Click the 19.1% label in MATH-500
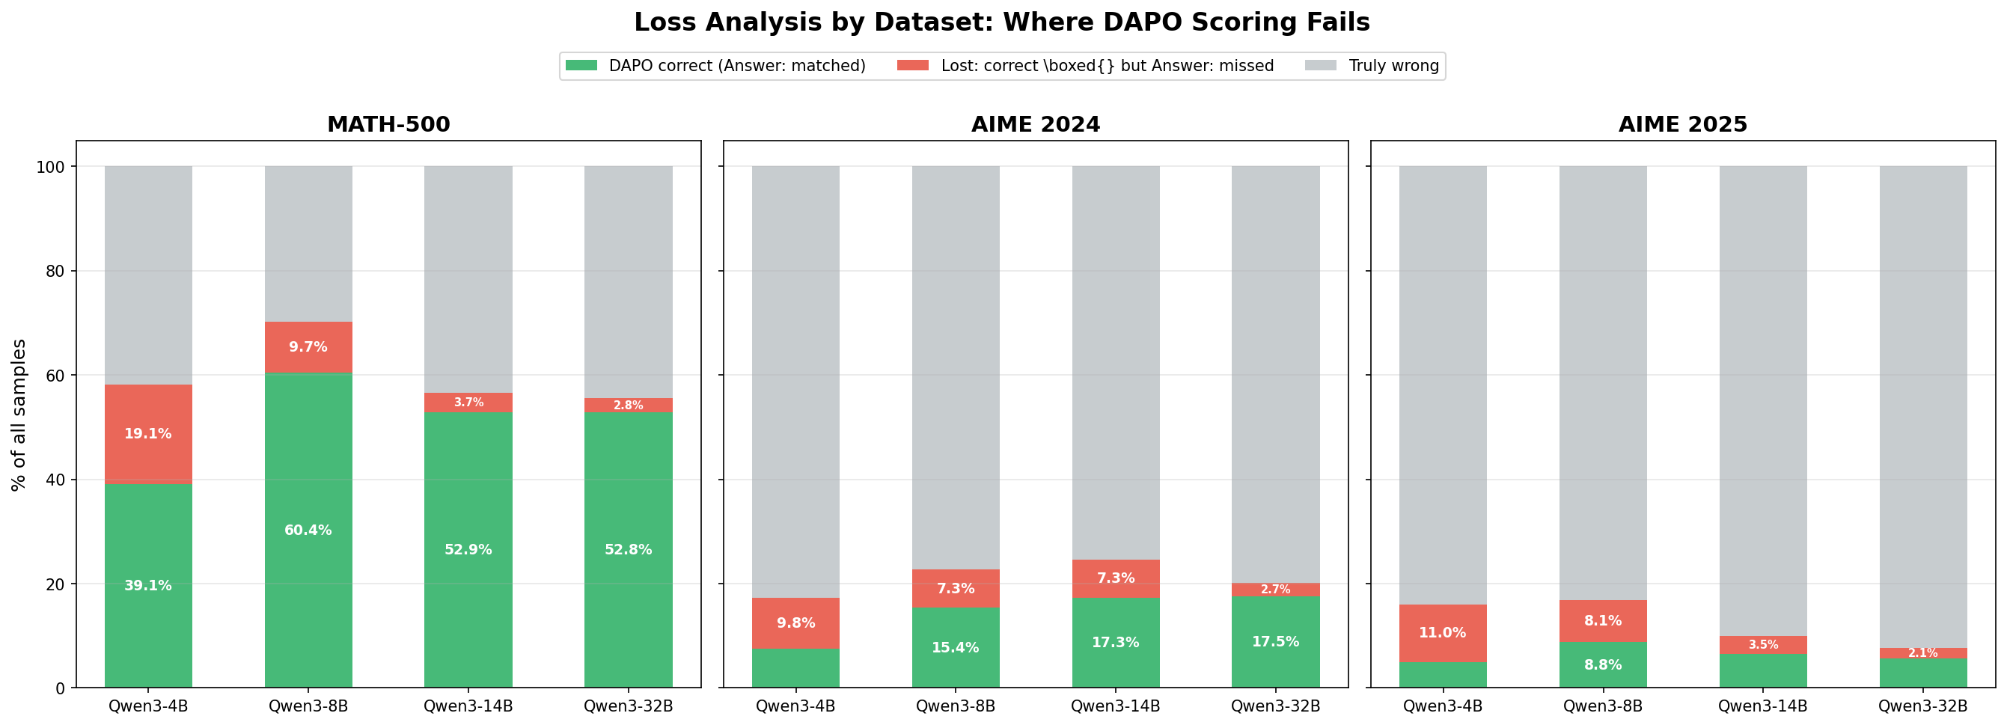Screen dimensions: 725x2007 (148, 434)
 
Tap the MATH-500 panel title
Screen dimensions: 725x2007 (388, 125)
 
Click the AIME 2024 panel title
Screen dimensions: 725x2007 (1036, 125)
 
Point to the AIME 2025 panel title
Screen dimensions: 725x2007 (1683, 125)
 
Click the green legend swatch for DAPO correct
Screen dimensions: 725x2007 (581, 65)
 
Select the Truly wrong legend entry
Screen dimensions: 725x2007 (1393, 66)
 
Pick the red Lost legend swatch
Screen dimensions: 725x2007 (913, 65)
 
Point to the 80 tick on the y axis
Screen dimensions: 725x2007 (55, 271)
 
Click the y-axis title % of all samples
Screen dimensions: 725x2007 (19, 414)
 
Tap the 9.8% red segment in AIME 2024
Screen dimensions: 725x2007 (795, 623)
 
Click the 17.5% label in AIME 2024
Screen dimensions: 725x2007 (1275, 642)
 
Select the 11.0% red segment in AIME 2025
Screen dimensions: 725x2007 (1442, 633)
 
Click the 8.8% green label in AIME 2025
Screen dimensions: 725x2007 (1603, 665)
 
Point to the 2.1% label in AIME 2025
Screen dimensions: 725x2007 (1923, 653)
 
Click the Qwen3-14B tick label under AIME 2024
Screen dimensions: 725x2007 (1115, 706)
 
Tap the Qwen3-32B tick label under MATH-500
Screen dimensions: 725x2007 (628, 706)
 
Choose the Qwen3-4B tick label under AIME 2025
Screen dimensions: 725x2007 (1442, 706)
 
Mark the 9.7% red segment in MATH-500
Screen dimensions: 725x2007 (308, 347)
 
